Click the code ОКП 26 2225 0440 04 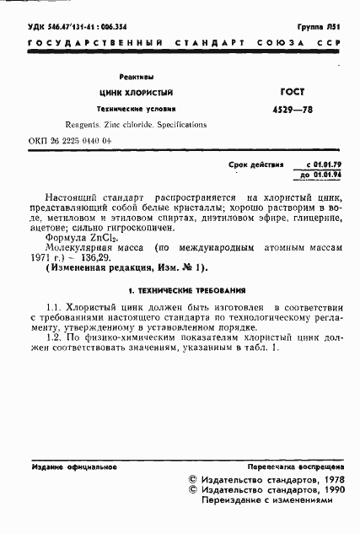70,142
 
